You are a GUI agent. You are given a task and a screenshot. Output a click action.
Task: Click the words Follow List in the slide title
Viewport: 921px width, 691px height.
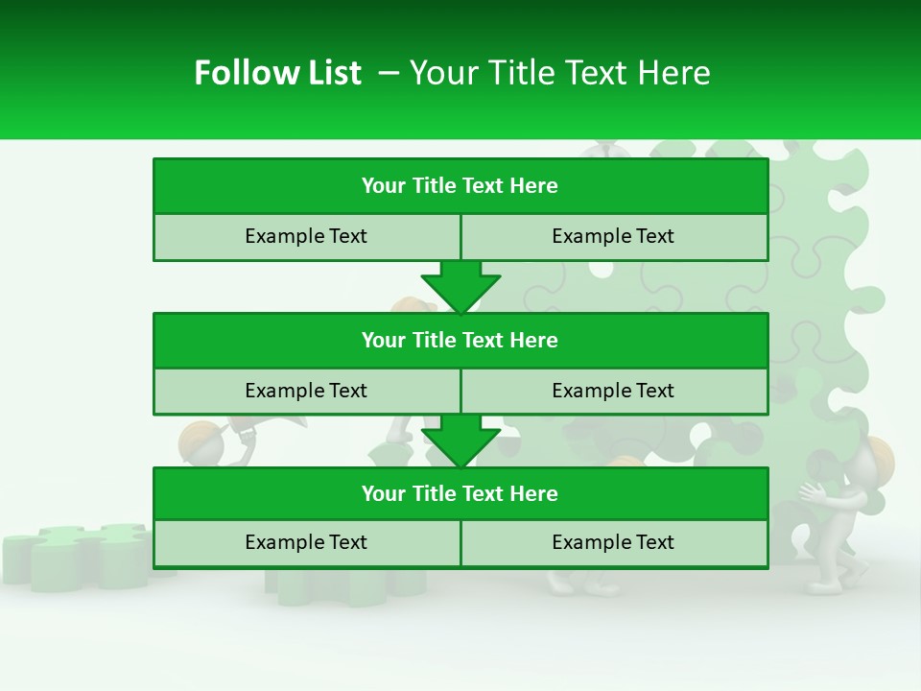click(277, 73)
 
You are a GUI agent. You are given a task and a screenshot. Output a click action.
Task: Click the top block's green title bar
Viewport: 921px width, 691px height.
click(460, 186)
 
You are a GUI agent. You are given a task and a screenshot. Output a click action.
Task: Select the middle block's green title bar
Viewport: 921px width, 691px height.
click(460, 341)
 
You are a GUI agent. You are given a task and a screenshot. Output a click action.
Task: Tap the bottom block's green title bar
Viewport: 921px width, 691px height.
click(460, 494)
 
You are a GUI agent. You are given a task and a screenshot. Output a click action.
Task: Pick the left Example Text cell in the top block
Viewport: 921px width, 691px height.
click(306, 236)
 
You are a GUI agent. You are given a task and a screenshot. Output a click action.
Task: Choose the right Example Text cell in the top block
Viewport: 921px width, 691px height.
click(613, 236)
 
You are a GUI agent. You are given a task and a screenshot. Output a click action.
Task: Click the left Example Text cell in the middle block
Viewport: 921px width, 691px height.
click(306, 391)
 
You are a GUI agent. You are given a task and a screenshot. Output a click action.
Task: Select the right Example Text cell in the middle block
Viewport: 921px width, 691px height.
click(613, 391)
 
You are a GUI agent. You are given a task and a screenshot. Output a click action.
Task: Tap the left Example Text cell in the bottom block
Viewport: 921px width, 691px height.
click(306, 543)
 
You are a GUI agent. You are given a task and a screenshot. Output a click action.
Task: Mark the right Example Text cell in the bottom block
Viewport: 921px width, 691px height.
click(613, 543)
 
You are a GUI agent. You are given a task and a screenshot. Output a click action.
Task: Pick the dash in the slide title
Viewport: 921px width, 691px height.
click(389, 73)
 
